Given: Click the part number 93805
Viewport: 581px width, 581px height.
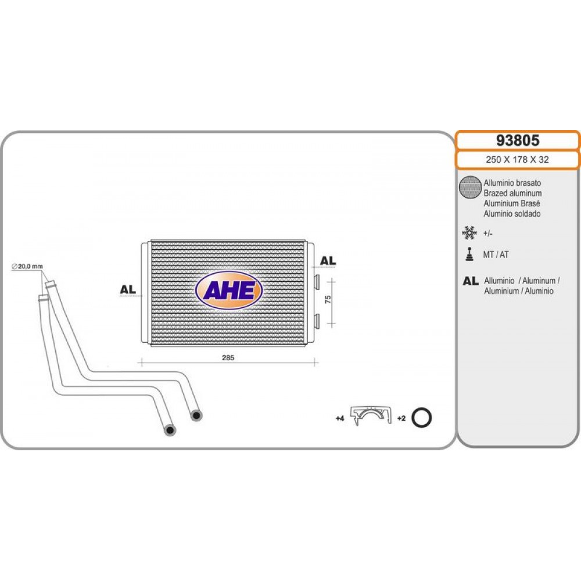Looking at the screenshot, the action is (x=518, y=141).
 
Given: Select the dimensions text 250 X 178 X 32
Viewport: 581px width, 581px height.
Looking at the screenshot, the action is (x=517, y=160).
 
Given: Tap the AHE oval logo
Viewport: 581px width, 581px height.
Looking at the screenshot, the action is (x=229, y=290).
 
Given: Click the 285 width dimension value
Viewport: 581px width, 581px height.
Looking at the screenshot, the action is (x=228, y=357).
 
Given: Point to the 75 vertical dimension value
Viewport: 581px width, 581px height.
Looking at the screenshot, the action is (x=328, y=299).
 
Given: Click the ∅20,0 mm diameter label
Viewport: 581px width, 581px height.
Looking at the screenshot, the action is (x=27, y=266).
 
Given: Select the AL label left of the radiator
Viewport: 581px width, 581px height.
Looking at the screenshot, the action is (x=128, y=289).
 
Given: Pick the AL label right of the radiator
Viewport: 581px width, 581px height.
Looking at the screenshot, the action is (x=328, y=261).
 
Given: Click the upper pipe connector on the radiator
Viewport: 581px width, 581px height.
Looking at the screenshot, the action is (x=317, y=281).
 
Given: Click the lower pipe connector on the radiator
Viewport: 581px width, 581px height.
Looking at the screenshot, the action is (x=317, y=320).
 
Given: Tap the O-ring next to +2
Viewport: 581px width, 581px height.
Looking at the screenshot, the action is (x=422, y=418).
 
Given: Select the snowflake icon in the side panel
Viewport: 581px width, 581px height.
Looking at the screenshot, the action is (x=469, y=233).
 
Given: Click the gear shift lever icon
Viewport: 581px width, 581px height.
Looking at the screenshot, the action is (x=470, y=254).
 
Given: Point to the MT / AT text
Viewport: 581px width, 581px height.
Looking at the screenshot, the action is (x=496, y=254).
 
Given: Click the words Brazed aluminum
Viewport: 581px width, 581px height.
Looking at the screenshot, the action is (x=512, y=193).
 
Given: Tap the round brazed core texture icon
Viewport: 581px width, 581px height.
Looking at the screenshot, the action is (x=470, y=187).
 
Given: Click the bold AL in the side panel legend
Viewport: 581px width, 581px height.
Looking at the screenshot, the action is (x=471, y=281).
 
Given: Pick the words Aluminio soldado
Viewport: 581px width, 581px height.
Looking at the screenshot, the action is (x=512, y=214).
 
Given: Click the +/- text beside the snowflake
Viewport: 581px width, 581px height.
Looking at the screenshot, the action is (x=487, y=234).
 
